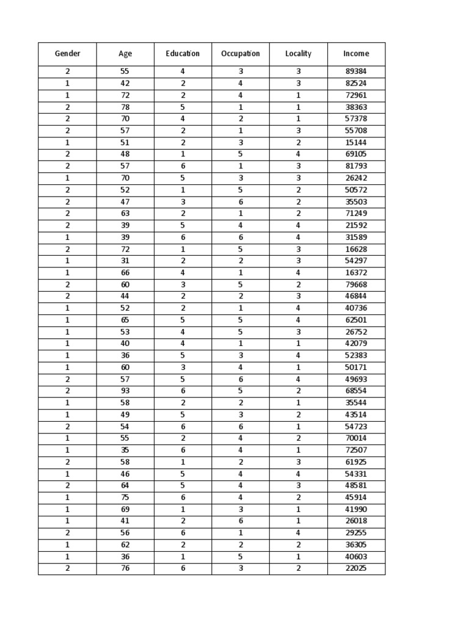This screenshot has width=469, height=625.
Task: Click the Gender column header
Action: pyautogui.click(x=67, y=54)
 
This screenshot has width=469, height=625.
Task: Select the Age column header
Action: pyautogui.click(x=125, y=54)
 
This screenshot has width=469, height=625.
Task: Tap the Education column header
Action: pyautogui.click(x=183, y=54)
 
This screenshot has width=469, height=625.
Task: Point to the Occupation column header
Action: pyautogui.click(x=241, y=54)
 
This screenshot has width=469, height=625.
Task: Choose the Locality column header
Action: pyautogui.click(x=298, y=54)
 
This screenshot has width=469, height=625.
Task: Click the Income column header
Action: pyautogui.click(x=356, y=54)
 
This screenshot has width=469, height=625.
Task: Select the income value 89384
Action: pyautogui.click(x=356, y=71)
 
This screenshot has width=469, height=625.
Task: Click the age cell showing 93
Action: pyautogui.click(x=125, y=391)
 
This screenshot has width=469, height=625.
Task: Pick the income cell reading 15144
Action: pyautogui.click(x=356, y=142)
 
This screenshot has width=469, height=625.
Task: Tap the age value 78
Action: pyautogui.click(x=125, y=107)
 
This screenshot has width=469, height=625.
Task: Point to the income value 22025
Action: pyautogui.click(x=356, y=569)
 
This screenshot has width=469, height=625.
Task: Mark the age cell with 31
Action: pyautogui.click(x=125, y=261)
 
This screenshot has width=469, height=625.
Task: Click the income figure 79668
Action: pyautogui.click(x=356, y=284)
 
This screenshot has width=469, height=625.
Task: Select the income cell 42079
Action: pyautogui.click(x=356, y=344)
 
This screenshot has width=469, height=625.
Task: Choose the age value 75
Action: pyautogui.click(x=125, y=497)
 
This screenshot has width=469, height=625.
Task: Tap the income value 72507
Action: pyautogui.click(x=356, y=450)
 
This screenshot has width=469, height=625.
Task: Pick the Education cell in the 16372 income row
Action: pyautogui.click(x=183, y=273)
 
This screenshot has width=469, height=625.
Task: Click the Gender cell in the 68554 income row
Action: pyautogui.click(x=67, y=391)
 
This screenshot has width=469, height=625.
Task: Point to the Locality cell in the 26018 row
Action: pyautogui.click(x=298, y=521)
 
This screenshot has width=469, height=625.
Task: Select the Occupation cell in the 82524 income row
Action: pyautogui.click(x=241, y=83)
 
